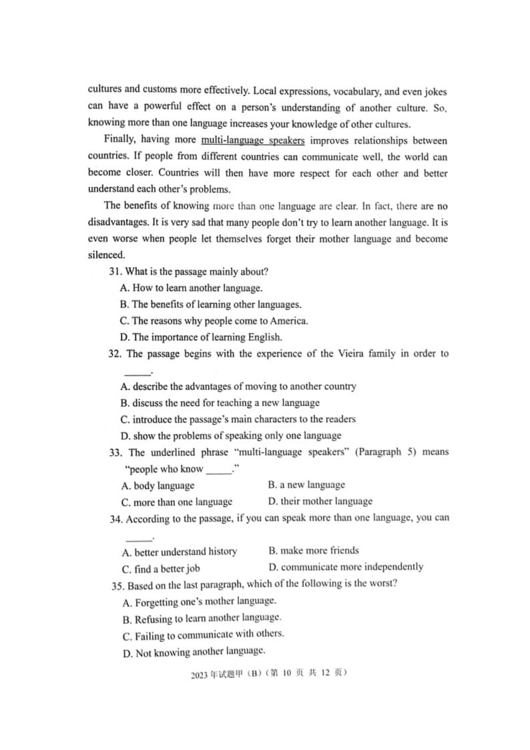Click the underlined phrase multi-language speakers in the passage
252,141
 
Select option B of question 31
211,305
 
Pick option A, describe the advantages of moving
238,387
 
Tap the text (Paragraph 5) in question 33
378,452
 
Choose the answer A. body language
158,486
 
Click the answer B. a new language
306,485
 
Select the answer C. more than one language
177,502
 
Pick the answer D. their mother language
320,502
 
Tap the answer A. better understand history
180,552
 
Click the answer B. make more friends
314,551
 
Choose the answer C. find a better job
161,569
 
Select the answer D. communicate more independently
345,567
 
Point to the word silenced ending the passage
106,255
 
